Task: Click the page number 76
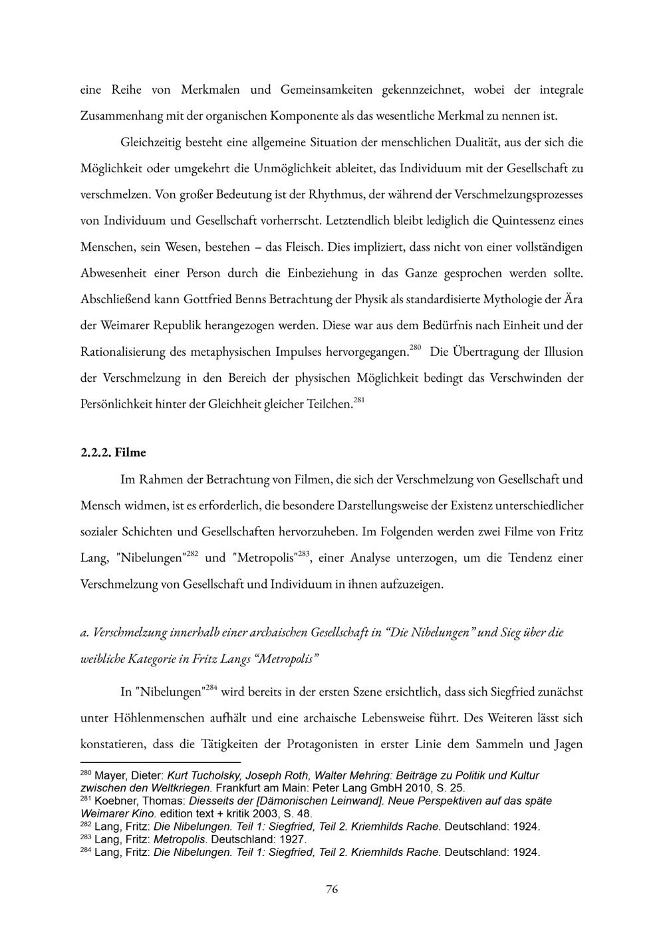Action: (x=332, y=889)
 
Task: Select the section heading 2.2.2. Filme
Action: (x=113, y=453)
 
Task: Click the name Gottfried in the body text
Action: (x=203, y=299)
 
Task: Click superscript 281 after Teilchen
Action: (x=359, y=400)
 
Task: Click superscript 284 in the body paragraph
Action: (x=211, y=688)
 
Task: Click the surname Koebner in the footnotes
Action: (x=116, y=801)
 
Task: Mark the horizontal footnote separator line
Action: (x=160, y=763)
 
